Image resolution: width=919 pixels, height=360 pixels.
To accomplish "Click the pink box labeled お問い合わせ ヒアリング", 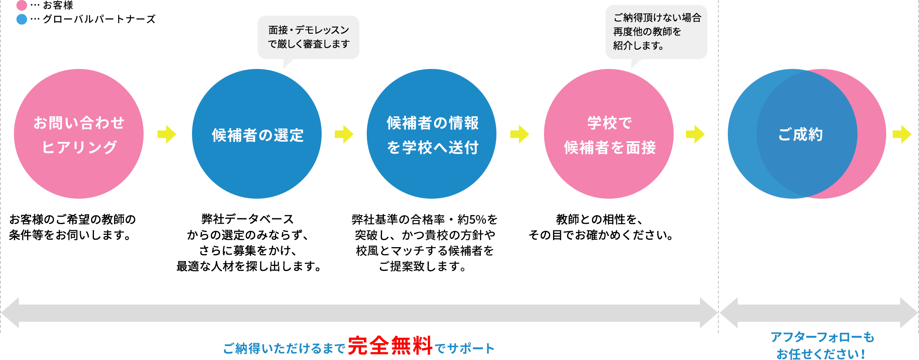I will tap(79, 134).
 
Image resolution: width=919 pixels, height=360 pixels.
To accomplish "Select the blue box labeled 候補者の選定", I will tap(257, 134).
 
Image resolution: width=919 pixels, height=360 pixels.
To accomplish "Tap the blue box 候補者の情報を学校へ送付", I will tap(432, 134).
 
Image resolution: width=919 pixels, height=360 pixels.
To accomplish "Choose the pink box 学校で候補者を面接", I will tap(609, 134).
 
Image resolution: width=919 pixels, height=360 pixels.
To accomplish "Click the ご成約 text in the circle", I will tap(800, 135).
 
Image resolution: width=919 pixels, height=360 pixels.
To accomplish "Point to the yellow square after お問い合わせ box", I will tap(167, 134).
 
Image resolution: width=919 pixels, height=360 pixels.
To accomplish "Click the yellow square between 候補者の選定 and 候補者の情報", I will tap(344, 134).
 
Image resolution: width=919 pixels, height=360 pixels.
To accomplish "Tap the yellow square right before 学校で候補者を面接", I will tap(520, 134).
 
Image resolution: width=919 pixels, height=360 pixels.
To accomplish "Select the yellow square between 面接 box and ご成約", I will tap(695, 134).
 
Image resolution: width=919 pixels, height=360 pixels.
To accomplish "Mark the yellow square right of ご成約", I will tap(902, 134).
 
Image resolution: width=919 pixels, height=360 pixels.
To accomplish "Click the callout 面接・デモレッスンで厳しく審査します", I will tap(309, 37).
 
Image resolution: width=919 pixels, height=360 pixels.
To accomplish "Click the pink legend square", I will tap(22, 5).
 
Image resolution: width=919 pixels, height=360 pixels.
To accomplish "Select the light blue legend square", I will tap(22, 19).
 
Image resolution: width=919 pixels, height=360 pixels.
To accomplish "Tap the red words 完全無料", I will tap(390, 346).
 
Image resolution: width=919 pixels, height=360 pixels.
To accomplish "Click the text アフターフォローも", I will tap(823, 337).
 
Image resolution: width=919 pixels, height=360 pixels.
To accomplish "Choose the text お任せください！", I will tap(821, 353).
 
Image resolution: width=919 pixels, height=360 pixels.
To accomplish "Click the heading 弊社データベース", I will tap(248, 219).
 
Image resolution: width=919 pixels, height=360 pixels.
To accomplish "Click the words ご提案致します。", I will tap(423, 267).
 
